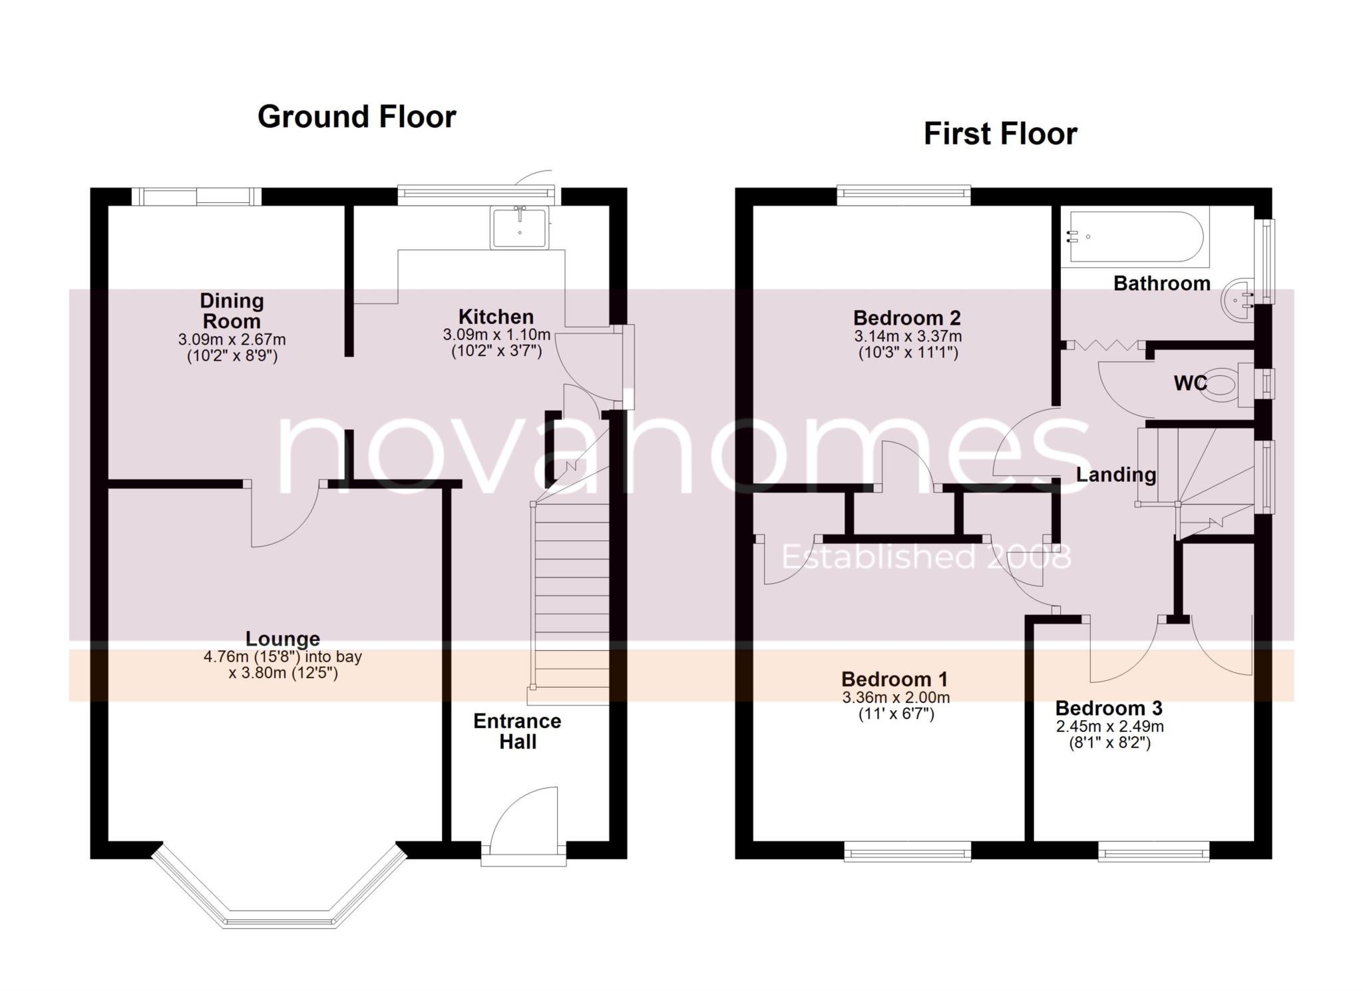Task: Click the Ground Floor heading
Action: [357, 117]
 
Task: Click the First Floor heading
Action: [1000, 134]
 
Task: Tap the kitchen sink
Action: [520, 228]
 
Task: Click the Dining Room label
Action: [232, 311]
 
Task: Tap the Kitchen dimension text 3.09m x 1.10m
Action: [496, 335]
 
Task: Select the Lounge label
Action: [283, 639]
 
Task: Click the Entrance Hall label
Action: [517, 731]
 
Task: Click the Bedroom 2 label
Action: [907, 318]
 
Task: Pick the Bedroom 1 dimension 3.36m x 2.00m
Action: [895, 698]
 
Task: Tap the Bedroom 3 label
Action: [1109, 708]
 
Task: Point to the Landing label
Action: [1116, 475]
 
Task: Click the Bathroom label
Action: [1162, 284]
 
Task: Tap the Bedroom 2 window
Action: [904, 193]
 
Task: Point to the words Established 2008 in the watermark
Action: [926, 557]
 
